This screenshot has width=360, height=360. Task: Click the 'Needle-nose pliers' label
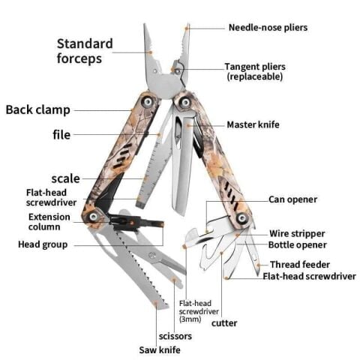268,28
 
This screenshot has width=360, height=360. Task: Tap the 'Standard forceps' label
85,50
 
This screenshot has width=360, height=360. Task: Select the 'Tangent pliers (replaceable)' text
254,71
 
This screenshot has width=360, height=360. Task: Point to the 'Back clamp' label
38,109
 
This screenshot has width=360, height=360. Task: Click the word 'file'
61,135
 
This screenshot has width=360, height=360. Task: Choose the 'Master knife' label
253,124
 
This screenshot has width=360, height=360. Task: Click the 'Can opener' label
292,199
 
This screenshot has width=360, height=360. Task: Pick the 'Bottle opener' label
297,244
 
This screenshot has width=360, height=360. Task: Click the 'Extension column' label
49,221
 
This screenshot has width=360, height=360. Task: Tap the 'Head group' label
43,244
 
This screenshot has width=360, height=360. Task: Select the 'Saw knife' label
160,349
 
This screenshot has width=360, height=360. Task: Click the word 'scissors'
175,336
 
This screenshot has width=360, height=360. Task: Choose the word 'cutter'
223,323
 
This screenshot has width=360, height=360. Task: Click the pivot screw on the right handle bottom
241,217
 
